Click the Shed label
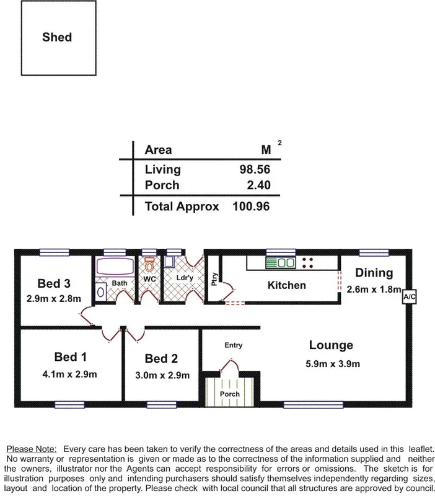[x=57, y=37]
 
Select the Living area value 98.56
[x=255, y=169]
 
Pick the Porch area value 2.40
[x=258, y=185]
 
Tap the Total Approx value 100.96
[x=252, y=206]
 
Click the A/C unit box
[x=410, y=297]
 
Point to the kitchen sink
[x=280, y=263]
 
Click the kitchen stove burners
[x=307, y=263]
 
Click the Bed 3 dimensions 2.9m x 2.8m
[x=54, y=298]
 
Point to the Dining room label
[x=374, y=273]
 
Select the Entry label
[x=233, y=345]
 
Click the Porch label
[x=231, y=394]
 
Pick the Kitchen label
[x=286, y=285]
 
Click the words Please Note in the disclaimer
[x=32, y=448]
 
